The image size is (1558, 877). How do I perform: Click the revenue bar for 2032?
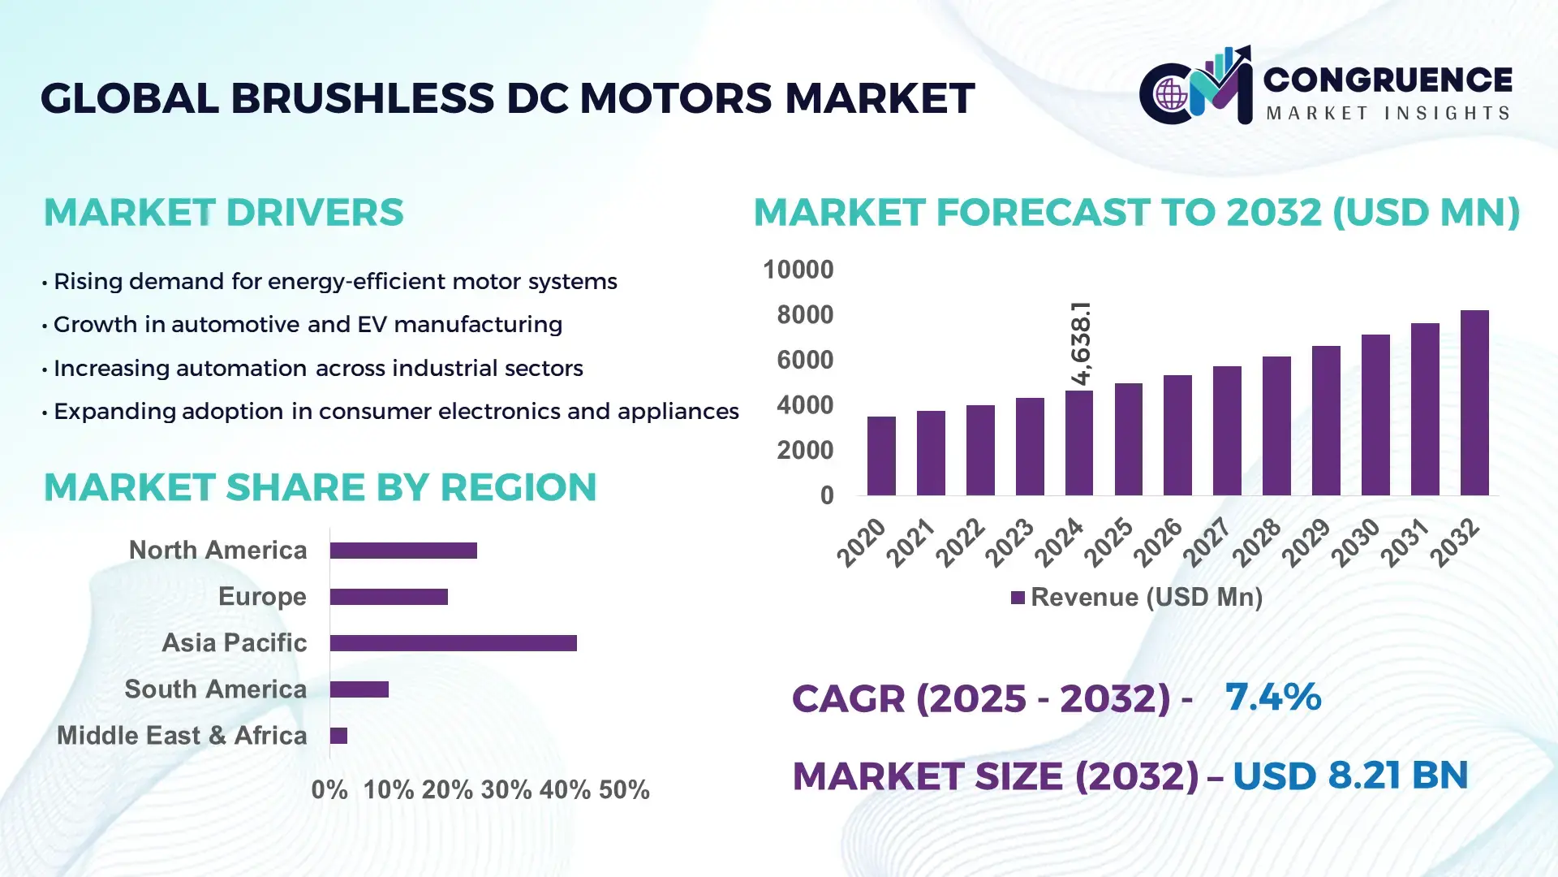tap(1474, 403)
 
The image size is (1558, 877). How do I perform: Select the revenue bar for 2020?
tap(881, 456)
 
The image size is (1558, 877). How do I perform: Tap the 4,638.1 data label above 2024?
tap(1081, 343)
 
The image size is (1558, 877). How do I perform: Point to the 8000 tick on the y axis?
tap(804, 315)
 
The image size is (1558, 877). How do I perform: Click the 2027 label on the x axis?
tap(1207, 542)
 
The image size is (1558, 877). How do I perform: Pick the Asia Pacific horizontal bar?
tap(453, 643)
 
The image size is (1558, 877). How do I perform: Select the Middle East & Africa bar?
tap(338, 736)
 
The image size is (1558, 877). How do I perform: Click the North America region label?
tap(217, 551)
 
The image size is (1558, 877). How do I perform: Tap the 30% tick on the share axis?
tap(506, 790)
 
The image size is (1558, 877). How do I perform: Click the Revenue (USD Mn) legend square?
tap(1018, 598)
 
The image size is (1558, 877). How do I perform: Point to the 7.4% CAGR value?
tap(1272, 697)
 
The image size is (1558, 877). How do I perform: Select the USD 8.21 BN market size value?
tap(1350, 775)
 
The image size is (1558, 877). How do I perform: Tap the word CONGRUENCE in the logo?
tap(1388, 80)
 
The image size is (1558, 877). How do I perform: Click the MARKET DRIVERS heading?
tap(223, 213)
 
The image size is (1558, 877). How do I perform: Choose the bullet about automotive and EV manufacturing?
tap(308, 325)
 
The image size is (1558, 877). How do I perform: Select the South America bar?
tap(359, 689)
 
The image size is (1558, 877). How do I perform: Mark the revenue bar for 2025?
tap(1128, 439)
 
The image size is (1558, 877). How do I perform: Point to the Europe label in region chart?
tap(262, 597)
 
